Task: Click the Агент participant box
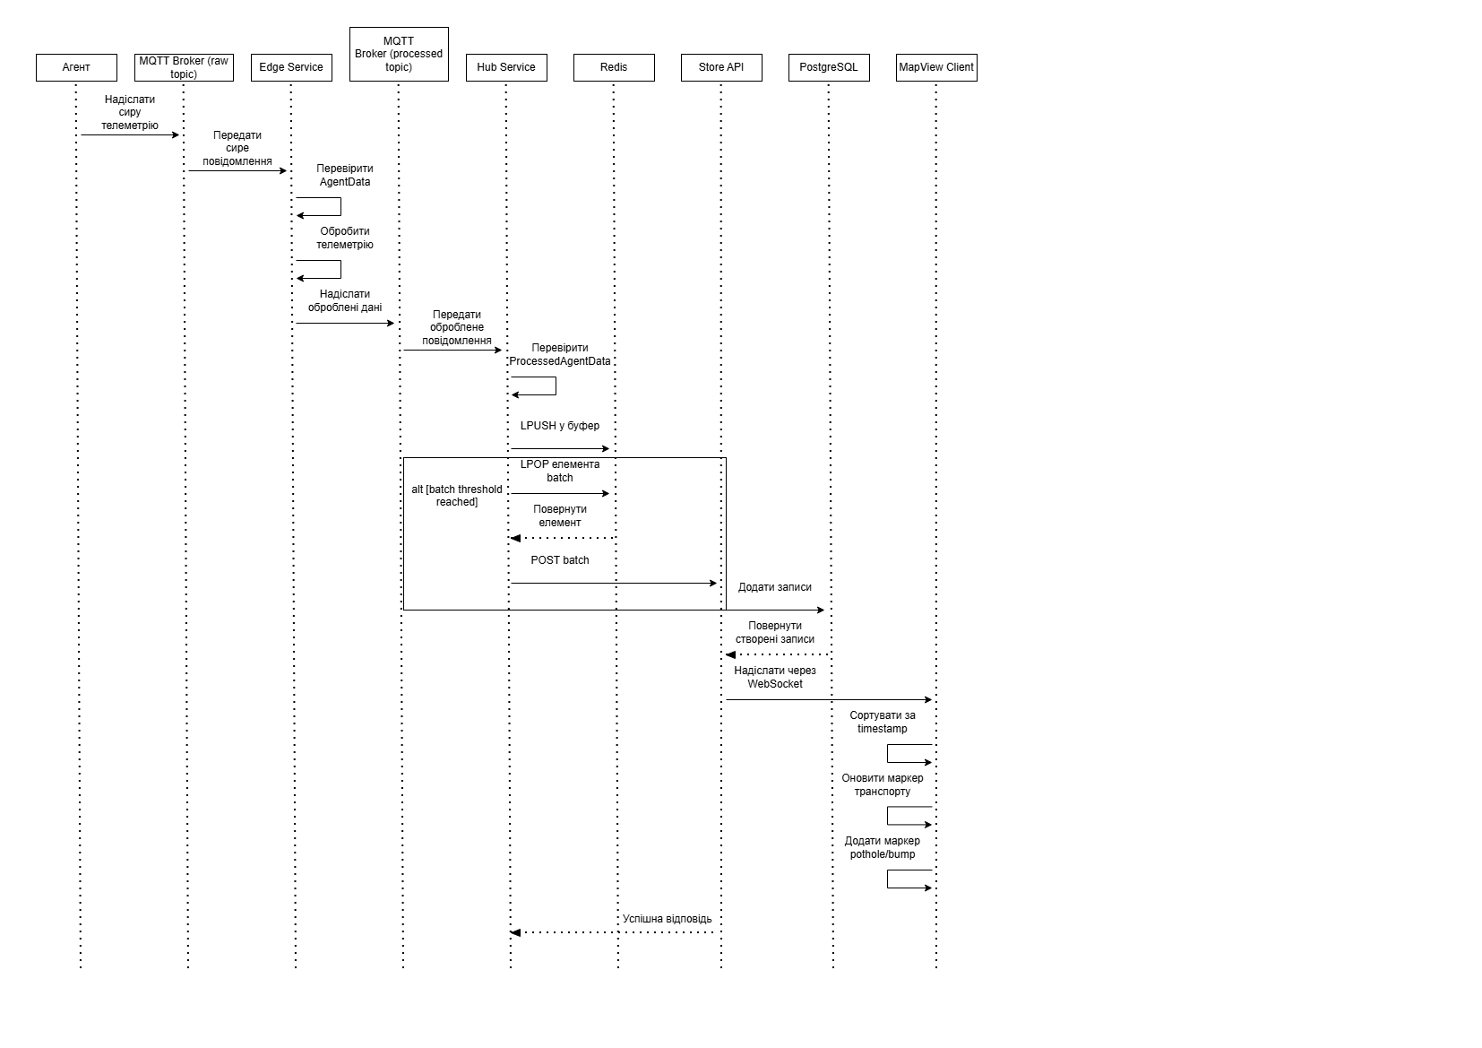click(76, 67)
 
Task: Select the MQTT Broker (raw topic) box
click(184, 67)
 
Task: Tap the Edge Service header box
click(291, 67)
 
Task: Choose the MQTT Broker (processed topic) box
click(399, 54)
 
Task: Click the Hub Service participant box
click(506, 67)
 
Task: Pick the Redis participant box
click(614, 67)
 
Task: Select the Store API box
click(721, 67)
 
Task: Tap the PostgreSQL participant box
click(829, 67)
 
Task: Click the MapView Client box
click(936, 67)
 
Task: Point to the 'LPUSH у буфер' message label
click(560, 426)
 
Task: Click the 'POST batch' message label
click(560, 560)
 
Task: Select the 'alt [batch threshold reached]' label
click(457, 496)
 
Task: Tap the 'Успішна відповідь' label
click(668, 919)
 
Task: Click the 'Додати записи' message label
click(775, 587)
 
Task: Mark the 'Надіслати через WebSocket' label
click(775, 677)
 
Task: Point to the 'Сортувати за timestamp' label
click(883, 722)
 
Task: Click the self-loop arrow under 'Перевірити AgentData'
click(320, 207)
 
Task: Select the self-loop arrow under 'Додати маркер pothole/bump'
click(909, 879)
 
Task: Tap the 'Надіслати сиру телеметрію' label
click(130, 112)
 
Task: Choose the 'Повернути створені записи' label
click(775, 632)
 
